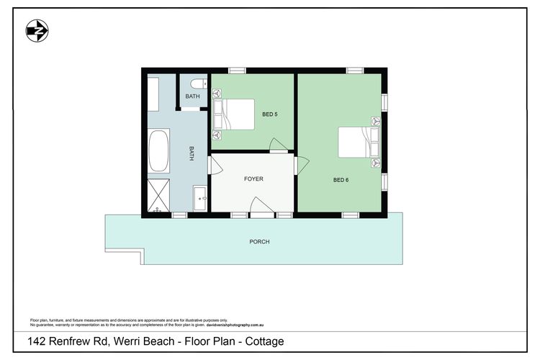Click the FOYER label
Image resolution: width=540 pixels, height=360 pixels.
pos(253,179)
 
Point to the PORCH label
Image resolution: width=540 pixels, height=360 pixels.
pos(259,242)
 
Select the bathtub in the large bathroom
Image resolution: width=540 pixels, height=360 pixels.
pos(158,151)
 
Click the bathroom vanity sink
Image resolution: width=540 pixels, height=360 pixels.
pos(200,197)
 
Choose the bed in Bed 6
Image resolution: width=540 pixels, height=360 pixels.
pos(358,142)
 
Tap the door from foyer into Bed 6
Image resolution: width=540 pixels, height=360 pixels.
pos(301,165)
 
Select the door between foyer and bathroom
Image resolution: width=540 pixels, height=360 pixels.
pos(213,165)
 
